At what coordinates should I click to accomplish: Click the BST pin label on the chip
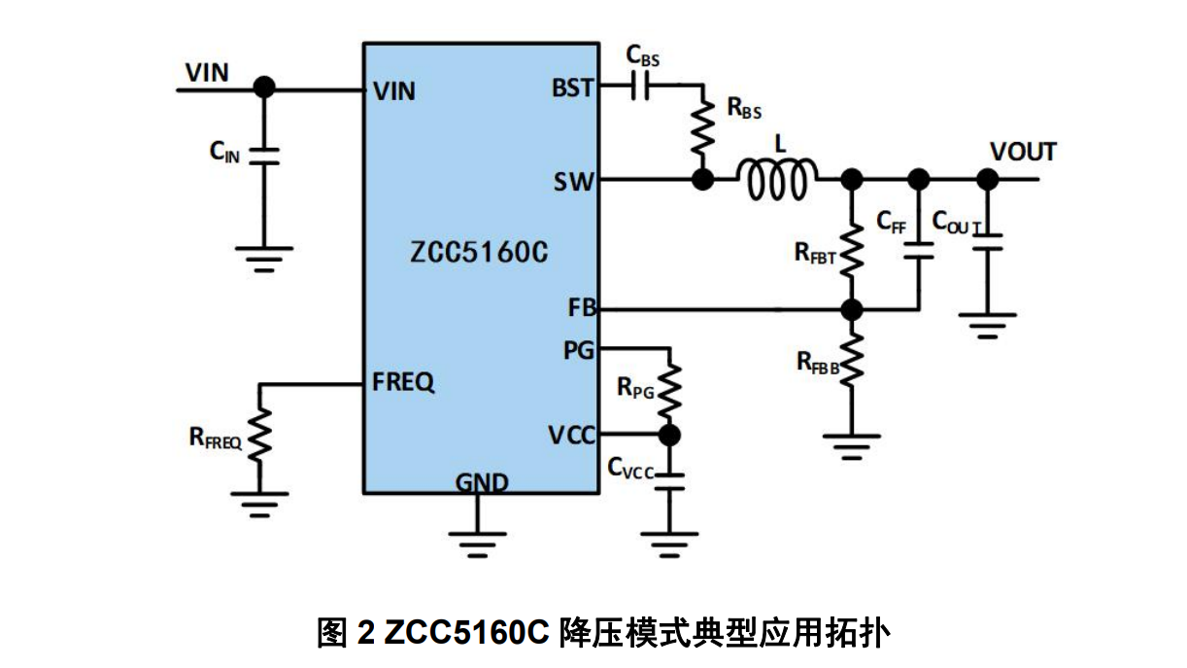(573, 88)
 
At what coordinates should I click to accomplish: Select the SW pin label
(574, 181)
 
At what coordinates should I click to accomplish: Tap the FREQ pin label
(403, 382)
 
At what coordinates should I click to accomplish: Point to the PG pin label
(579, 351)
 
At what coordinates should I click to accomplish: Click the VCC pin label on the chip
(572, 435)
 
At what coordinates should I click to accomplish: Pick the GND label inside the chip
(482, 482)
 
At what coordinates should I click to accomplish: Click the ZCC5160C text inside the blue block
(479, 254)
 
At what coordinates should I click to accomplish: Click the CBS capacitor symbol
(639, 88)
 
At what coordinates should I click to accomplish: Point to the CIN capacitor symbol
(263, 156)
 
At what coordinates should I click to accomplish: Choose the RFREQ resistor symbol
(259, 435)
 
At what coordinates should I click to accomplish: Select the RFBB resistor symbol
(852, 363)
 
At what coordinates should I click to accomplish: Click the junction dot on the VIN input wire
(263, 88)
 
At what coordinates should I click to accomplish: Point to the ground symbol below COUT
(988, 324)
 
